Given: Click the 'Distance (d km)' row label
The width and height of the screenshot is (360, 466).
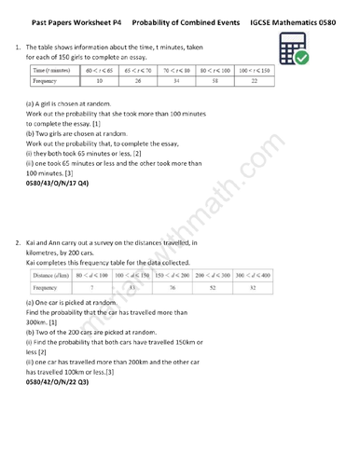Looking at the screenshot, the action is [x=55, y=276].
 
